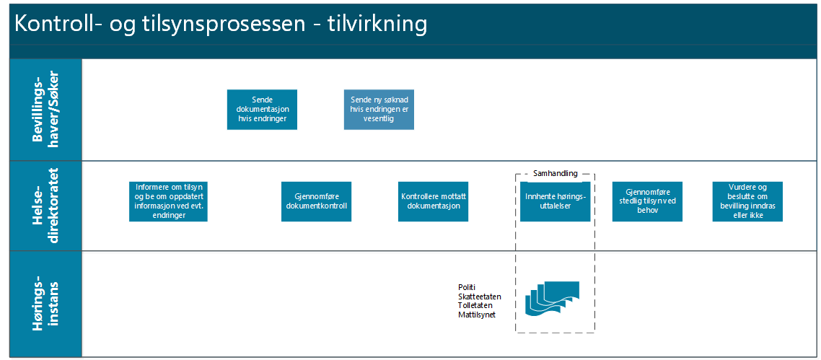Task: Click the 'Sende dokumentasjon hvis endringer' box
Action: tap(262, 110)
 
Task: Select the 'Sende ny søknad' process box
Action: tap(379, 110)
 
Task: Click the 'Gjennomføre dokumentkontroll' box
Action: tap(316, 201)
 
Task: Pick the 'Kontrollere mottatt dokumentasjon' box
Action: tap(434, 201)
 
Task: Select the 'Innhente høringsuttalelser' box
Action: tap(555, 201)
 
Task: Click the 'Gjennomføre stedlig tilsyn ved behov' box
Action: tap(647, 201)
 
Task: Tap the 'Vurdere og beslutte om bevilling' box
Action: tap(747, 201)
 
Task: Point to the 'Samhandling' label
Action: tap(555, 173)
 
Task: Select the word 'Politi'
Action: tap(467, 287)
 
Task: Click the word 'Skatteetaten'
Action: tap(479, 297)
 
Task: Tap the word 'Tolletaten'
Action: tap(475, 305)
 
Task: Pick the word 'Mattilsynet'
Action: tap(476, 315)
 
